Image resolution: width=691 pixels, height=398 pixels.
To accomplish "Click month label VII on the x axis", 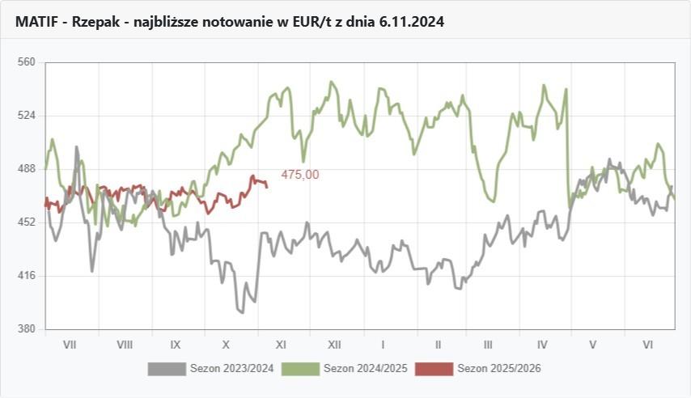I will click(x=70, y=345).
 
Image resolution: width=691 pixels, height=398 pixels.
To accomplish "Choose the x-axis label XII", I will click(x=334, y=345).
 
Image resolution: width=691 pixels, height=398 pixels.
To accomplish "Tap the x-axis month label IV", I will click(x=542, y=345).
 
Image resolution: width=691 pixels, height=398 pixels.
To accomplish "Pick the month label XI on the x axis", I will click(x=282, y=345).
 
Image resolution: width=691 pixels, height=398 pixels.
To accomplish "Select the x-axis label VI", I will click(x=648, y=345).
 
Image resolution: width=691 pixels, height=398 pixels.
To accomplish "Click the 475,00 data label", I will click(x=300, y=174).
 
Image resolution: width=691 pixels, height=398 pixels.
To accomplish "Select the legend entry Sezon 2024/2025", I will click(x=365, y=369).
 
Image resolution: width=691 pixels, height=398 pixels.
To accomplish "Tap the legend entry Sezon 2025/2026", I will click(x=499, y=369).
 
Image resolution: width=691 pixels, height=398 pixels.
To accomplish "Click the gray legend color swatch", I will click(x=167, y=369).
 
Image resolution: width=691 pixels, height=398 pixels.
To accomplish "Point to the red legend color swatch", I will click(x=434, y=369).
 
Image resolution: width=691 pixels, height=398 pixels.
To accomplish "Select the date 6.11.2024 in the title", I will click(x=411, y=22).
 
